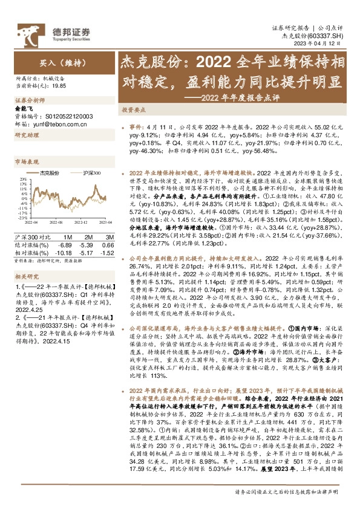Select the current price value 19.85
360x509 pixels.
click(58, 86)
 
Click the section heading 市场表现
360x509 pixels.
click(26, 163)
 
